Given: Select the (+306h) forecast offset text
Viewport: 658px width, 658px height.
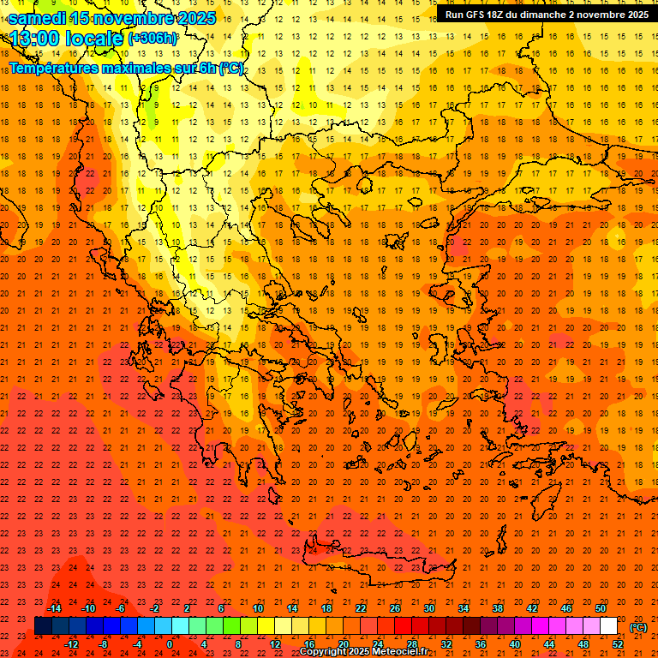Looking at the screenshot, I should pyautogui.click(x=153, y=39).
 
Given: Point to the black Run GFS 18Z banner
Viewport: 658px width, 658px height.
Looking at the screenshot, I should pyautogui.click(x=546, y=15).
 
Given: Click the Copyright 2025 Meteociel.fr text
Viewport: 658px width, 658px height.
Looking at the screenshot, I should pyautogui.click(x=363, y=652).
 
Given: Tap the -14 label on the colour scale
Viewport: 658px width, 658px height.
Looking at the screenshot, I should pyautogui.click(x=55, y=608).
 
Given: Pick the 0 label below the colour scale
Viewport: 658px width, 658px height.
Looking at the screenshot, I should pyautogui.click(x=170, y=643).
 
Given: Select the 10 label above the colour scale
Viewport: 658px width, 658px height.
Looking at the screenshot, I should pyautogui.click(x=257, y=608).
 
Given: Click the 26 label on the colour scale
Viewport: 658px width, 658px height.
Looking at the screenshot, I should pyautogui.click(x=395, y=608).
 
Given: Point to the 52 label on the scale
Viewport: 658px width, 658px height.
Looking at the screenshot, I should pyautogui.click(x=618, y=643).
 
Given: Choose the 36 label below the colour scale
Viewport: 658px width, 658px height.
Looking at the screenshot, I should pyautogui.click(x=480, y=643).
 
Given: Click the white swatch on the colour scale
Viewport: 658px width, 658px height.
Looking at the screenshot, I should pyautogui.click(x=608, y=625).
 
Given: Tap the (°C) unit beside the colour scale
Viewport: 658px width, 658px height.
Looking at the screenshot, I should pyautogui.click(x=638, y=627).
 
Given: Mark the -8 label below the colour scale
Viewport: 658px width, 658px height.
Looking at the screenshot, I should pyautogui.click(x=104, y=643).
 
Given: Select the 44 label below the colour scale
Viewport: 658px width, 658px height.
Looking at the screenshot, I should pyautogui.click(x=549, y=643).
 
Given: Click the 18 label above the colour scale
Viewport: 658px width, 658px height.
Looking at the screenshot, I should pyautogui.click(x=326, y=608).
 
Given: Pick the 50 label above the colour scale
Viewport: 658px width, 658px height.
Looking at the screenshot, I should pyautogui.click(x=601, y=608).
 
